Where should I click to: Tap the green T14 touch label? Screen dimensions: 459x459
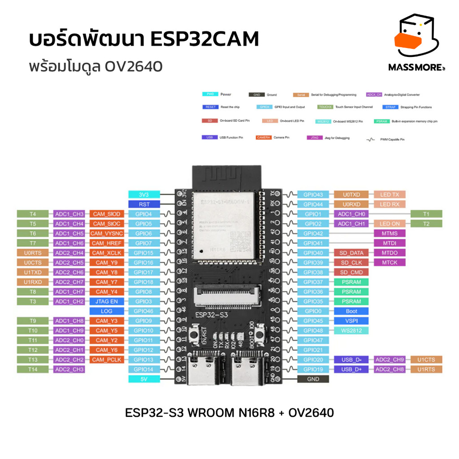[x=33, y=369]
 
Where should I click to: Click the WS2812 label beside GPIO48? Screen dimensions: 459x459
[x=351, y=330]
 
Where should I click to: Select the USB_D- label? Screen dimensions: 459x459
[x=351, y=359]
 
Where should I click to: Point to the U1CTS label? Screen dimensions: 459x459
[x=426, y=359]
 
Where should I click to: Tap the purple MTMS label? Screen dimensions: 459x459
[x=390, y=234]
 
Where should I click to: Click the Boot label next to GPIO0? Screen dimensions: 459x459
[x=351, y=311]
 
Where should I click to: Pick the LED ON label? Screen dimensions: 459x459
[x=390, y=224]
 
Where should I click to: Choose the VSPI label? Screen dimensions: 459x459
[x=351, y=321]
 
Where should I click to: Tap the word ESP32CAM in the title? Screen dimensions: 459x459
[x=204, y=40]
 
